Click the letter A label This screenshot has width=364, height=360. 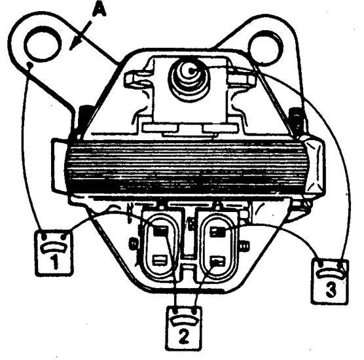pyautogui.click(x=99, y=10)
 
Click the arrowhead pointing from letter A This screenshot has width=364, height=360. pyautogui.click(x=75, y=44)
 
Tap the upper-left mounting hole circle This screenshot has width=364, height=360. pyautogui.click(x=43, y=44)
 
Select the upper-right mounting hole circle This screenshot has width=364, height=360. pyautogui.click(x=265, y=48)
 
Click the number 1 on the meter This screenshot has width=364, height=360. pyautogui.click(x=54, y=262)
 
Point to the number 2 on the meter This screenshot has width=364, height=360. pyautogui.click(x=184, y=337)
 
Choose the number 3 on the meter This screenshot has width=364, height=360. pyautogui.click(x=331, y=290)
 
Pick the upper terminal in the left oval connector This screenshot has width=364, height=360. pyautogui.click(x=160, y=230)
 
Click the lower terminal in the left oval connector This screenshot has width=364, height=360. pyautogui.click(x=160, y=261)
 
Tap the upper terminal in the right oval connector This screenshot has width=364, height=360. pyautogui.click(x=218, y=232)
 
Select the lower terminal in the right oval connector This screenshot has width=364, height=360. pyautogui.click(x=217, y=262)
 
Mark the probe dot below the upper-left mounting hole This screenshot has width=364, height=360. pyautogui.click(x=29, y=65)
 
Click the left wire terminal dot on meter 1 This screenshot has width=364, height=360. pyautogui.click(x=44, y=237)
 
